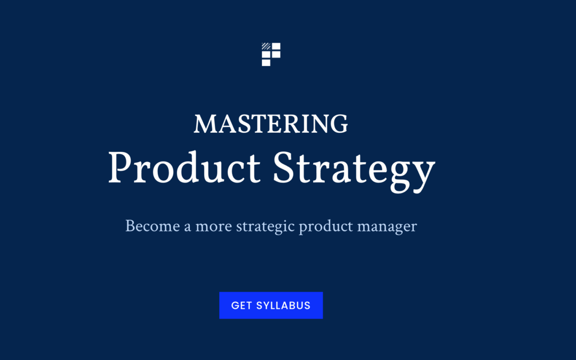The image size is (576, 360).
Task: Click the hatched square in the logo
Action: click(266, 46)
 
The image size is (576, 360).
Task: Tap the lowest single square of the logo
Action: click(266, 63)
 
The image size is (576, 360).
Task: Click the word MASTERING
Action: click(271, 124)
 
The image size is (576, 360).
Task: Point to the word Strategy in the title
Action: click(354, 171)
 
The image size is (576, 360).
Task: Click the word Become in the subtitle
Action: click(153, 226)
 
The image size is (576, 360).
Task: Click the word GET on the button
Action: click(242, 306)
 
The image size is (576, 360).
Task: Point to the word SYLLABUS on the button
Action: click(283, 306)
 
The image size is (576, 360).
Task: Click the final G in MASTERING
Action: click(339, 124)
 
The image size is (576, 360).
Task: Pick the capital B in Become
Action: click(131, 226)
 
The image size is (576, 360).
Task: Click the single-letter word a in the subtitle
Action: click(187, 227)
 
